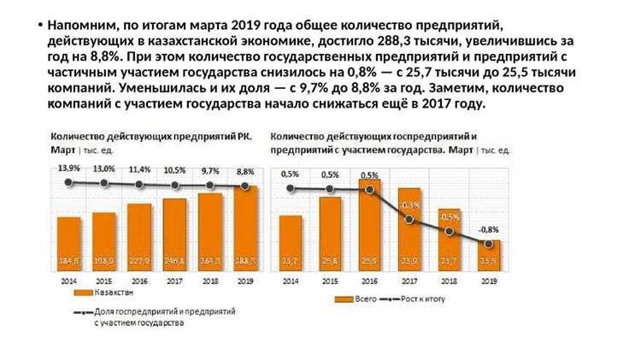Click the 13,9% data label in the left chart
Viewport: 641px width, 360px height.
(69, 168)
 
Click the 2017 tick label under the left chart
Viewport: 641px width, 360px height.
(175, 280)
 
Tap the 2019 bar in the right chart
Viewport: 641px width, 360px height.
(490, 255)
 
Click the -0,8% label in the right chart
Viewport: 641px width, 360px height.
(489, 229)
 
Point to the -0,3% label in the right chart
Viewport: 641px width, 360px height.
(410, 205)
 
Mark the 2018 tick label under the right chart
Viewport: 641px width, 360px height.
(450, 280)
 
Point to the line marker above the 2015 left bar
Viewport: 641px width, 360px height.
(104, 183)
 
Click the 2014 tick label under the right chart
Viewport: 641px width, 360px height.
(291, 280)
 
